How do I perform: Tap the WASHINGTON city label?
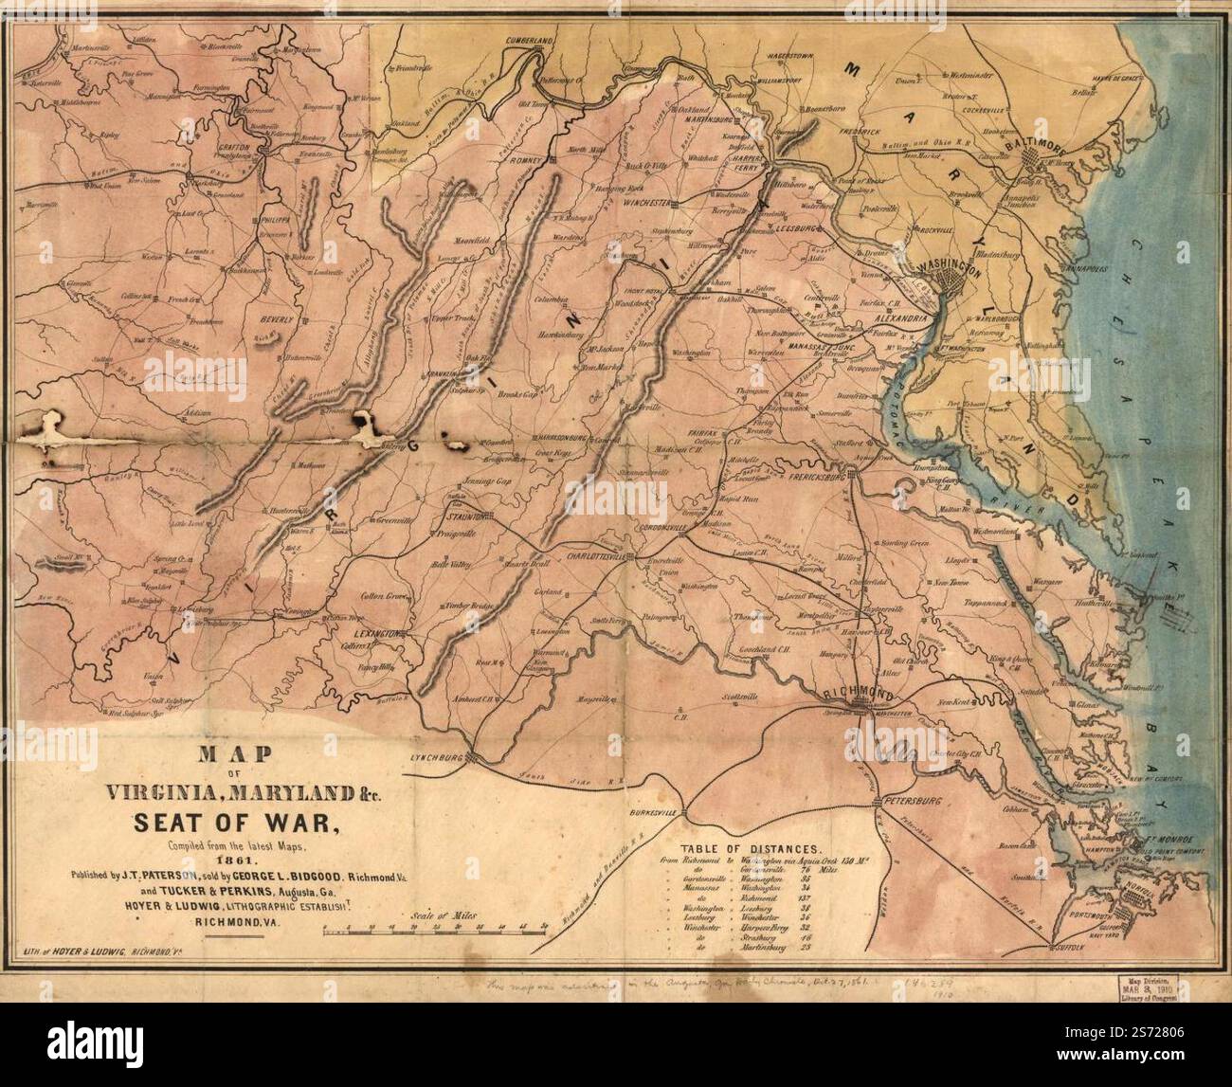click(x=944, y=258)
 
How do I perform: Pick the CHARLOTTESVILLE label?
click(x=597, y=557)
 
